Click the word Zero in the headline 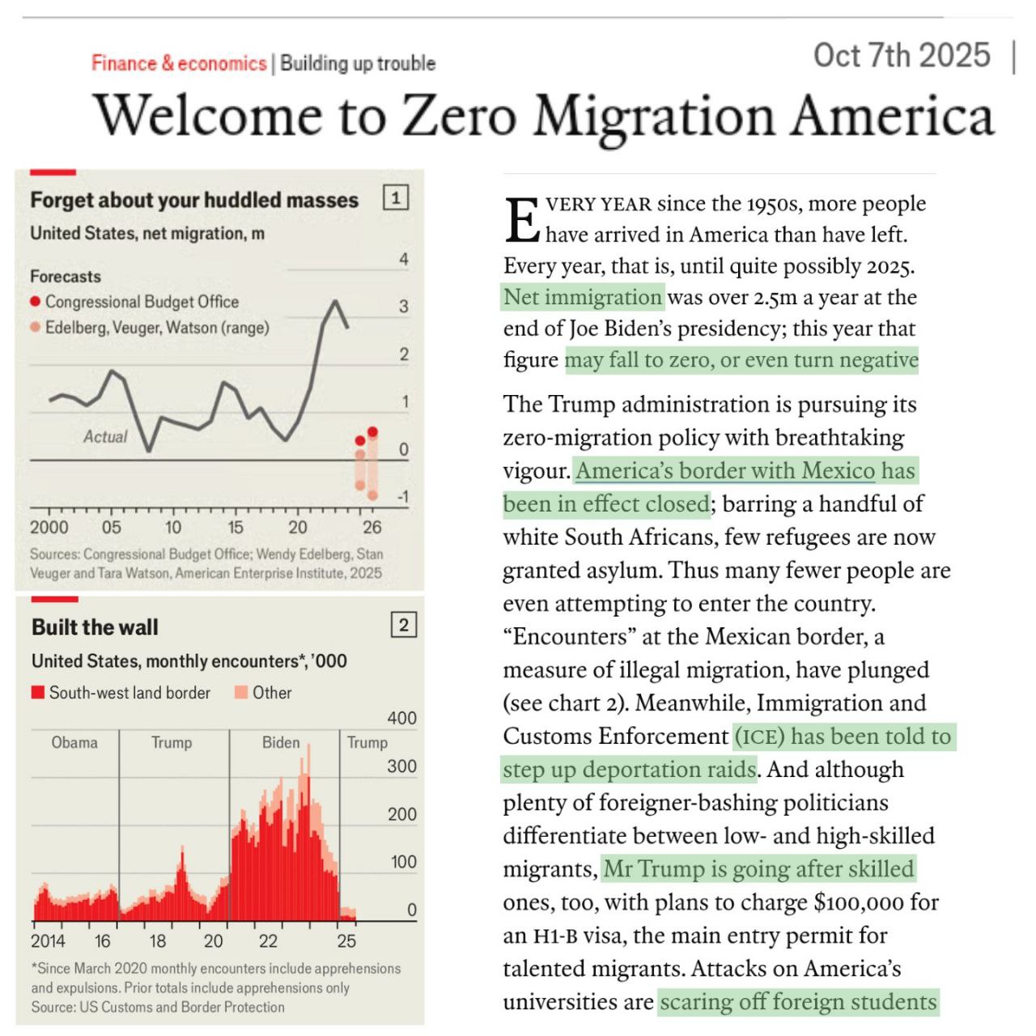tap(459, 116)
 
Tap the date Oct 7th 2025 tap(902, 56)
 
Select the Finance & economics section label tap(179, 63)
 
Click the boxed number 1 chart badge tap(396, 197)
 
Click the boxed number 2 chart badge tap(404, 625)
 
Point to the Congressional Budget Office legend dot tap(35, 302)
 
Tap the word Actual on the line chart tap(105, 437)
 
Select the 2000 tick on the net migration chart tap(49, 527)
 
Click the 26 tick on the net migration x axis tap(372, 527)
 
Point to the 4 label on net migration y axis tap(404, 260)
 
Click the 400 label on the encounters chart tap(401, 718)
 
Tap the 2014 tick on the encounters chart tap(48, 940)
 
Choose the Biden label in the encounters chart tap(281, 742)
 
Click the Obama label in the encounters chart tap(74, 742)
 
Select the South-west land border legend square tap(37, 693)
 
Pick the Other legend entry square tap(241, 693)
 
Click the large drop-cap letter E tap(522, 220)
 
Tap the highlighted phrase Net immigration tap(583, 297)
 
